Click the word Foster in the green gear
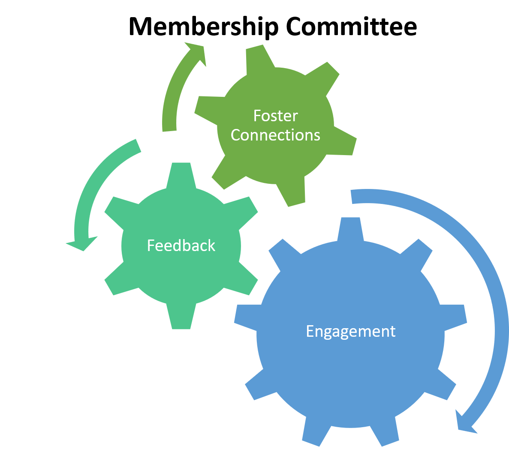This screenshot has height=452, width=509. pos(275,116)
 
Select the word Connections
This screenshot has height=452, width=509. pos(275,135)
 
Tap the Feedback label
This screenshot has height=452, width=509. pos(181,245)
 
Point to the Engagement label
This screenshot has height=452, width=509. pos(350,331)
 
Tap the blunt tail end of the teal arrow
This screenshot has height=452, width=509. pos(136,146)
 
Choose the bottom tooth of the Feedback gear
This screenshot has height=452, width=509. pos(181,319)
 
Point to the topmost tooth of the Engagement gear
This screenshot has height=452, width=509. pos(350,227)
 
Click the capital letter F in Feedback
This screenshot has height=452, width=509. pos(151,245)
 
